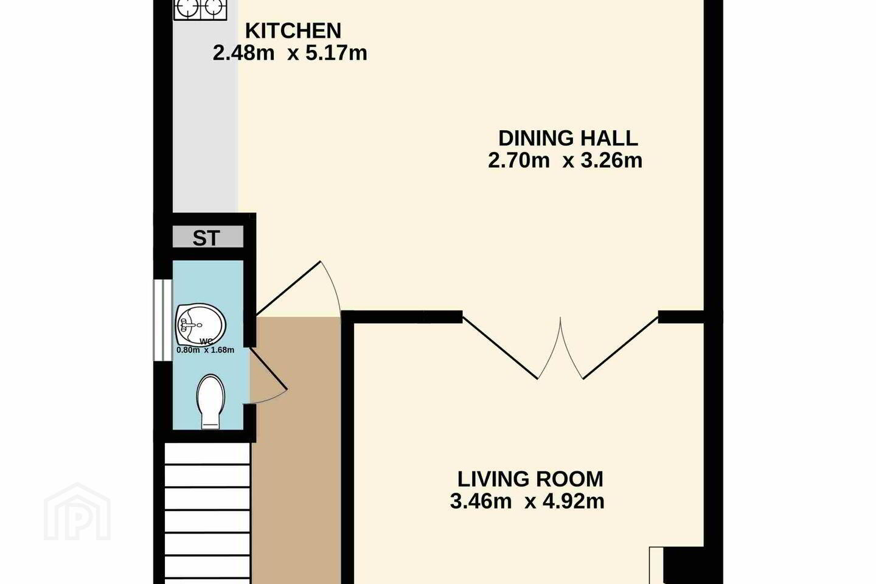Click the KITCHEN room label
click(x=293, y=31)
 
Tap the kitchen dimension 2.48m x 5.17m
click(x=290, y=53)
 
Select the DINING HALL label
click(x=568, y=139)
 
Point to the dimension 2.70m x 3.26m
click(x=565, y=161)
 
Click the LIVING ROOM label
click(x=530, y=479)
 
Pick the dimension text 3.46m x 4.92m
click(x=527, y=501)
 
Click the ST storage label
click(x=206, y=238)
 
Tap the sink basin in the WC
click(x=201, y=324)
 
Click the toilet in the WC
click(x=211, y=401)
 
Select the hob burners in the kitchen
click(x=200, y=9)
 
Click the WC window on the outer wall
click(x=162, y=319)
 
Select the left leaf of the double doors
click(x=500, y=348)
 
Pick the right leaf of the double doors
click(x=621, y=348)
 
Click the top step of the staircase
click(x=207, y=453)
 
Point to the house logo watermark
click(x=77, y=512)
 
